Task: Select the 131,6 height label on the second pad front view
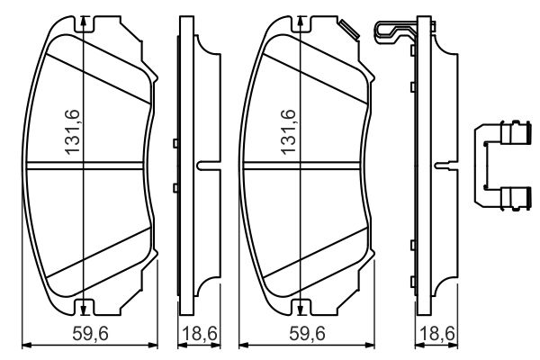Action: point(289,133)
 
